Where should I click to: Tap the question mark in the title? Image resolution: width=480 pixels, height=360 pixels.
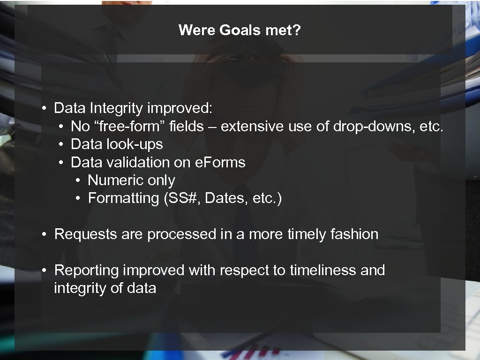(x=298, y=30)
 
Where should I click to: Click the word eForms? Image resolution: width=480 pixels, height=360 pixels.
(x=221, y=162)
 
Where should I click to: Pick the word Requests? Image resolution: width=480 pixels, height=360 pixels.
(x=86, y=234)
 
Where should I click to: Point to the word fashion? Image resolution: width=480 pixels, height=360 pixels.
(x=354, y=234)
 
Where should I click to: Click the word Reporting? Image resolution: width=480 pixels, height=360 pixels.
(x=87, y=270)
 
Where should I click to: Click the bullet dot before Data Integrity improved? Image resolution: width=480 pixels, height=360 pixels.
(x=43, y=109)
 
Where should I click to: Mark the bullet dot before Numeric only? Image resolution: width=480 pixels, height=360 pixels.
(x=77, y=181)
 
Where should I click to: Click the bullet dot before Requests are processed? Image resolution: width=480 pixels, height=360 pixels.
(x=43, y=234)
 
